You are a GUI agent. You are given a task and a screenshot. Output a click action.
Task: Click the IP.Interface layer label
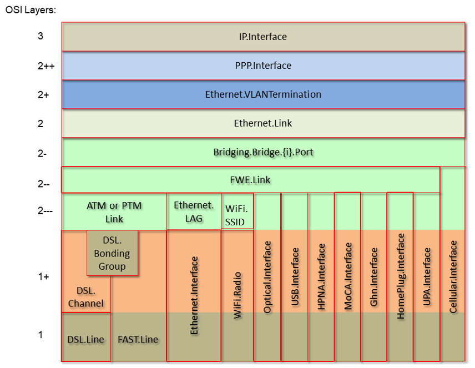(262, 37)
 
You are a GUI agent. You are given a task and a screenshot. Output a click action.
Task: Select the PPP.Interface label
(263, 65)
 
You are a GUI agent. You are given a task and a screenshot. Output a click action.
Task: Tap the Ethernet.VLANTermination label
(263, 94)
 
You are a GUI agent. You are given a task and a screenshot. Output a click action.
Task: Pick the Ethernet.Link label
(263, 123)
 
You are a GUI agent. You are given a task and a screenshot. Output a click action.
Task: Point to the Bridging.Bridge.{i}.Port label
(263, 152)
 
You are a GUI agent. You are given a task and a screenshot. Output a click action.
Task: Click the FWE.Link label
(251, 180)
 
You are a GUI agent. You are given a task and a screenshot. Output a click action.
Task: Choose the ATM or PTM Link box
(114, 212)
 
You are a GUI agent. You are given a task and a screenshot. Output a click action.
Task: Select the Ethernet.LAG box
(194, 211)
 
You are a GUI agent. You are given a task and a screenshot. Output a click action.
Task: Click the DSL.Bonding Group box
(113, 253)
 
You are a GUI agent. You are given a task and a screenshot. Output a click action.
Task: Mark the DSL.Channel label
(86, 296)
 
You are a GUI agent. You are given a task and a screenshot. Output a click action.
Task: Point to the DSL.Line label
(86, 339)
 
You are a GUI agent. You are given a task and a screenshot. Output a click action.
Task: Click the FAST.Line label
(138, 339)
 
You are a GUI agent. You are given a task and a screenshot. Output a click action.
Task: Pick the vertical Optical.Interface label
(267, 278)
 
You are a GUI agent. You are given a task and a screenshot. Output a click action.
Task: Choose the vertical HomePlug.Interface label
(401, 276)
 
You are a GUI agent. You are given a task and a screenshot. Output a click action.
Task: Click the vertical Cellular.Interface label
(453, 276)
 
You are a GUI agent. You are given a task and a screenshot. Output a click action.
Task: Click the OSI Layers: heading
(31, 10)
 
